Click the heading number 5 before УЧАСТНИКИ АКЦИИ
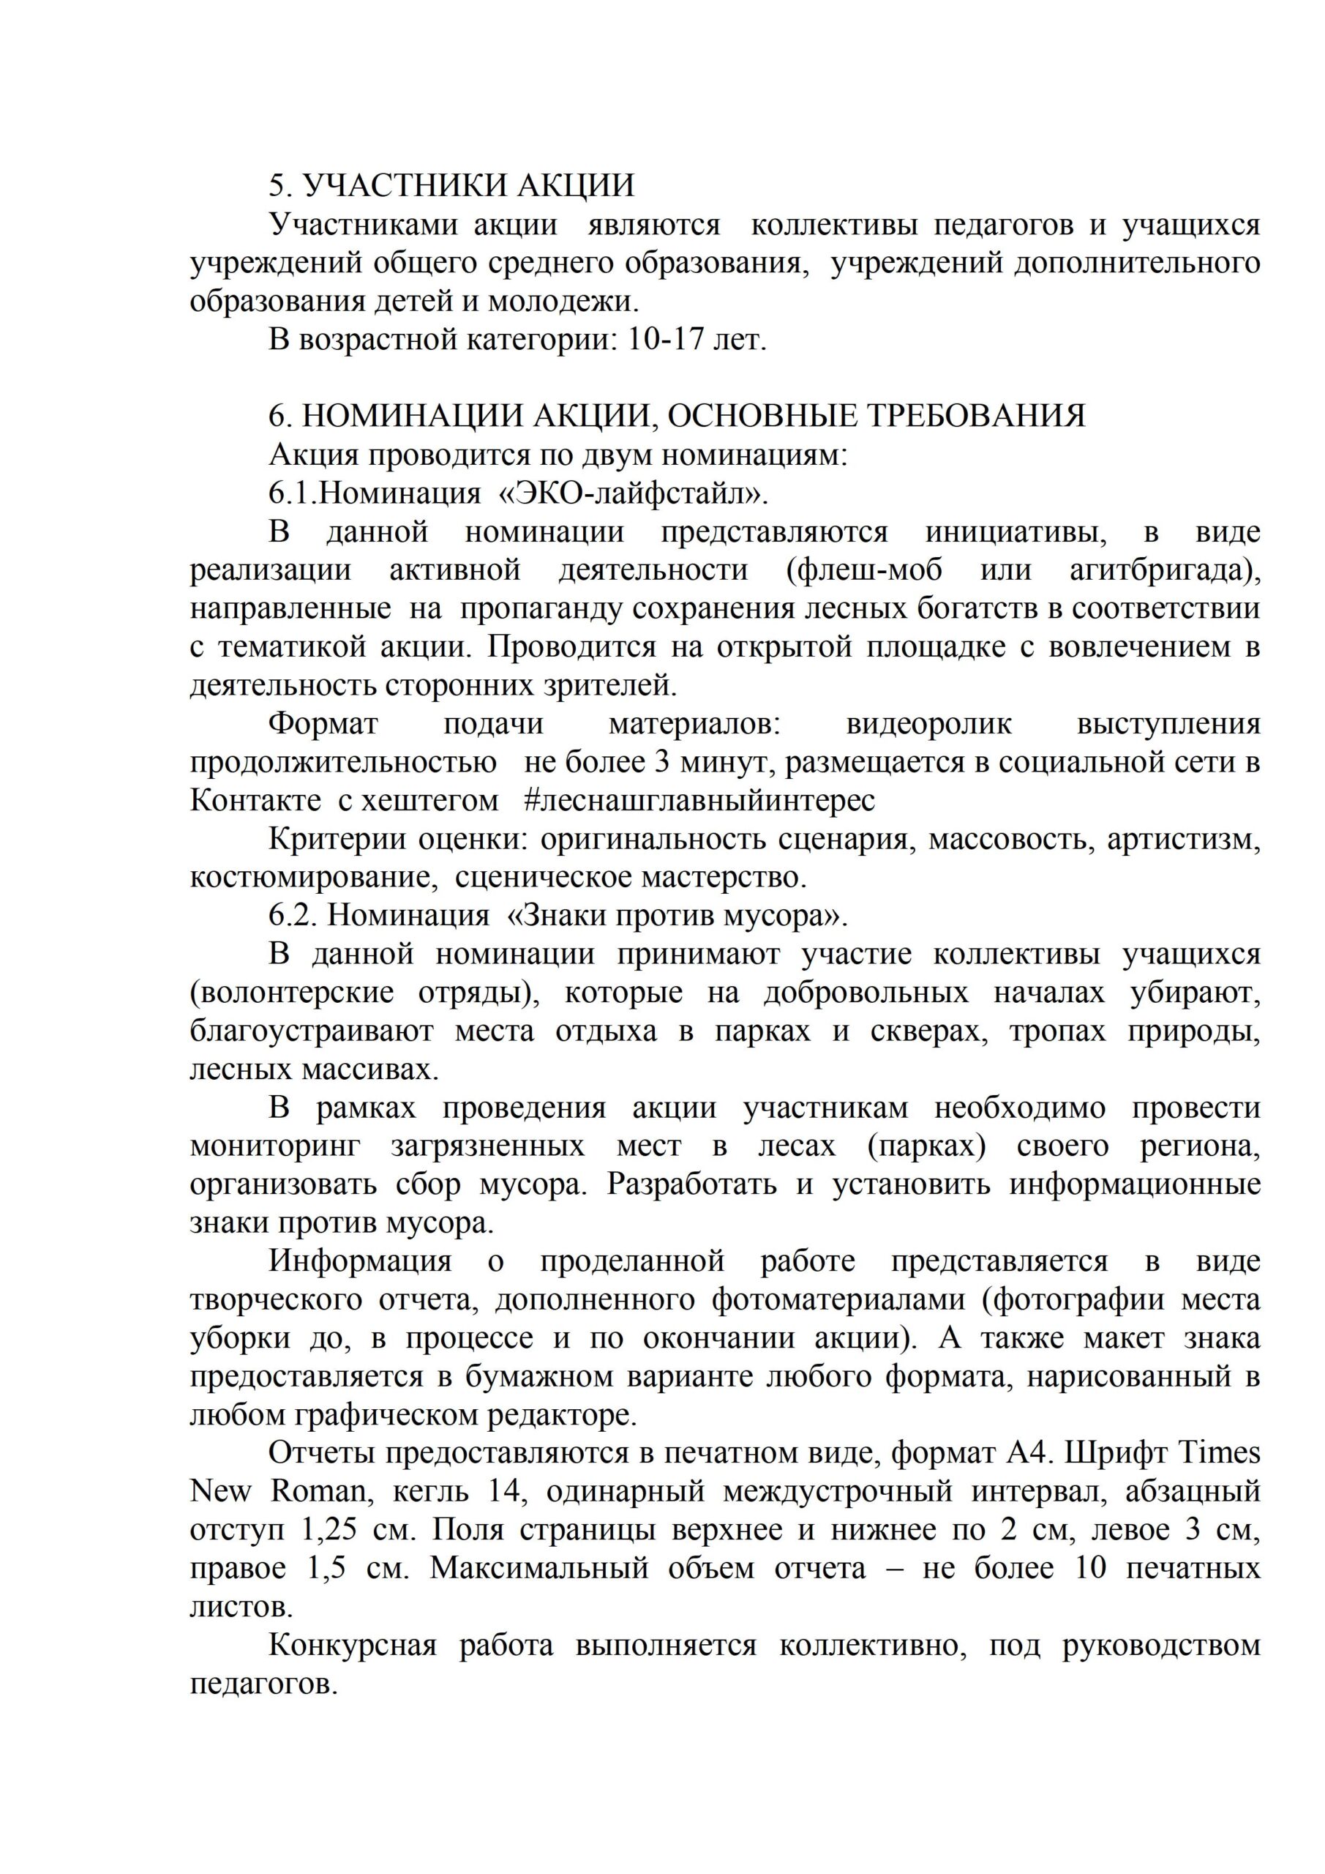pyautogui.click(x=277, y=185)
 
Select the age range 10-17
pyautogui.click(x=666, y=340)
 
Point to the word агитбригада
pyautogui.click(x=1164, y=570)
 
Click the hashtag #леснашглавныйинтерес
pyautogui.click(x=700, y=801)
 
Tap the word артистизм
pyautogui.click(x=1183, y=839)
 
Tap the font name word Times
pyautogui.click(x=1220, y=1454)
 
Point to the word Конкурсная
pyautogui.click(x=353, y=1646)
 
